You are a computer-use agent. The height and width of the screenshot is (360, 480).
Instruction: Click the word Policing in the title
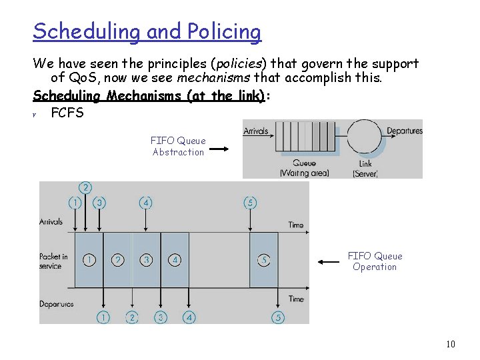225,32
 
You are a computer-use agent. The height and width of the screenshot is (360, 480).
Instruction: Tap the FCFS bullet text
67,113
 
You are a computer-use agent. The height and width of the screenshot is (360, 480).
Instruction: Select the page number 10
450,344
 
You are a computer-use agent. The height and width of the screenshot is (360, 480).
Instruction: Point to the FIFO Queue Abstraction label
178,147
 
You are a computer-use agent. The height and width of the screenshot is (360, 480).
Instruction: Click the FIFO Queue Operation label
375,261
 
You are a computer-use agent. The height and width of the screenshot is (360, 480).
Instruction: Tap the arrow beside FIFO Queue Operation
329,262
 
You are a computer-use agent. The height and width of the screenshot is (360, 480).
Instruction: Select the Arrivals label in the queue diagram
256,131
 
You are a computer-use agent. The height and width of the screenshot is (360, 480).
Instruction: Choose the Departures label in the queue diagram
404,131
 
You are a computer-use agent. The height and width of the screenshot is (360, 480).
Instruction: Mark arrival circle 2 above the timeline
85,187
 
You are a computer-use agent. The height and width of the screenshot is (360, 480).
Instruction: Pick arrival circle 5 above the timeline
250,202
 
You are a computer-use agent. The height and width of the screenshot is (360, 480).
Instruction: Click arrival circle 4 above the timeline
145,202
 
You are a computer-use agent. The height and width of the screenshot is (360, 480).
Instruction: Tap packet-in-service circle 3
146,259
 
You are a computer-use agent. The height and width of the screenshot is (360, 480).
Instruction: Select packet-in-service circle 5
264,259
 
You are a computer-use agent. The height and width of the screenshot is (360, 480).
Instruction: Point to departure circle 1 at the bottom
103,317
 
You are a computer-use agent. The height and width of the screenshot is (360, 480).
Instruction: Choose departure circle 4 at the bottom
189,317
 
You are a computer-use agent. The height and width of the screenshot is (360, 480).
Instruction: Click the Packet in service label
53,261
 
